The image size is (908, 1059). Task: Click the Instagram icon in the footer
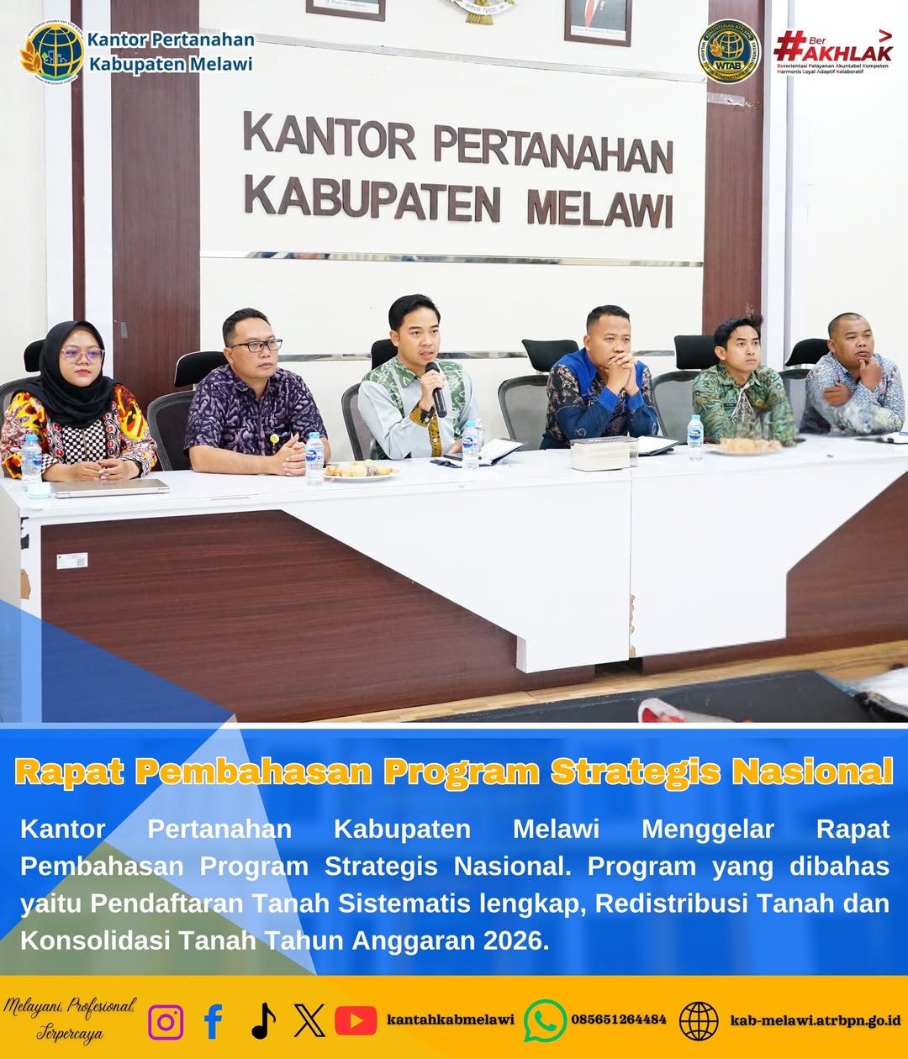tap(166, 1022)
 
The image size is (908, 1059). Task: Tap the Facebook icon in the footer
tap(214, 1021)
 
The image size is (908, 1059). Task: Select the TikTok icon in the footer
tap(263, 1021)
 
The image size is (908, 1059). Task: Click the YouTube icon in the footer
tap(356, 1020)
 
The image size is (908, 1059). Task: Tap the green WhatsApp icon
tap(545, 1020)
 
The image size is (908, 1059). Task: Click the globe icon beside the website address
tap(699, 1021)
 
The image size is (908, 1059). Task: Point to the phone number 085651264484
tap(619, 1019)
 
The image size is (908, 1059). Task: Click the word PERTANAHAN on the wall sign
tap(553, 150)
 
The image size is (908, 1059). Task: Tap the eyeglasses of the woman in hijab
tap(82, 355)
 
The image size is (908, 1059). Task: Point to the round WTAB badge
tap(729, 51)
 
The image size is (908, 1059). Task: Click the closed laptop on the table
tap(109, 487)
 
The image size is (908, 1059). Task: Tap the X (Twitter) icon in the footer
tap(309, 1021)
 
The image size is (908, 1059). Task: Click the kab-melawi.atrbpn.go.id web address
tap(815, 1019)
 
